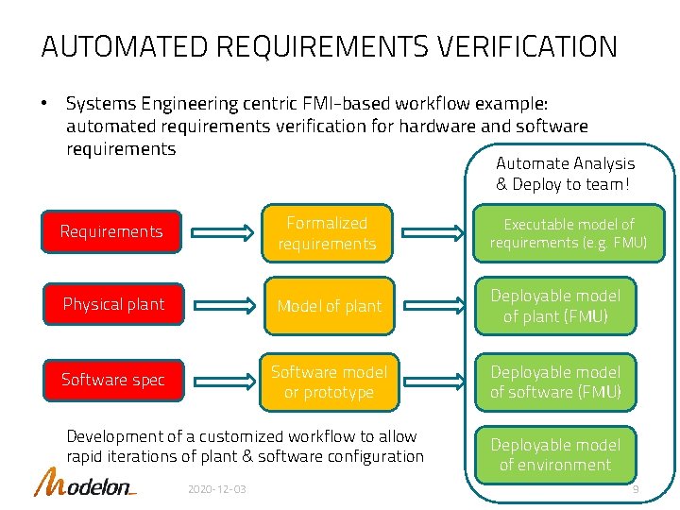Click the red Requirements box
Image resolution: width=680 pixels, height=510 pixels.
point(111,231)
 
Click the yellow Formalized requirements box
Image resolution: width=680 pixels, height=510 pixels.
point(327,233)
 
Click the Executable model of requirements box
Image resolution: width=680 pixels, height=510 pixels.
point(569,233)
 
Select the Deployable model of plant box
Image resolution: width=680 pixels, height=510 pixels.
point(555,306)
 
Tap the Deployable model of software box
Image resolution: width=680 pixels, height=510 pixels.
point(555,382)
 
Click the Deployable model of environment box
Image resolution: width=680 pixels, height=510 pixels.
point(555,454)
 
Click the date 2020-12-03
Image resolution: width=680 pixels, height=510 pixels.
point(217,490)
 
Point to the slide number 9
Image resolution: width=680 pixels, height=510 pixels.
point(636,490)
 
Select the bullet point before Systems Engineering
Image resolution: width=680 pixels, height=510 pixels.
point(44,102)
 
